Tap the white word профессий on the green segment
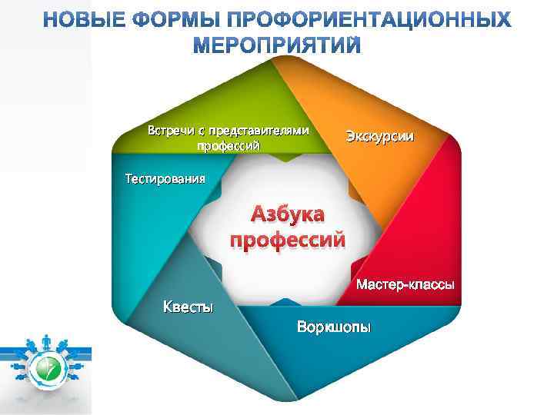click(229, 145)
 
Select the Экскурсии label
click(379, 137)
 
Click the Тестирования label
click(165, 180)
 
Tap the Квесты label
click(187, 309)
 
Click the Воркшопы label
click(333, 328)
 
